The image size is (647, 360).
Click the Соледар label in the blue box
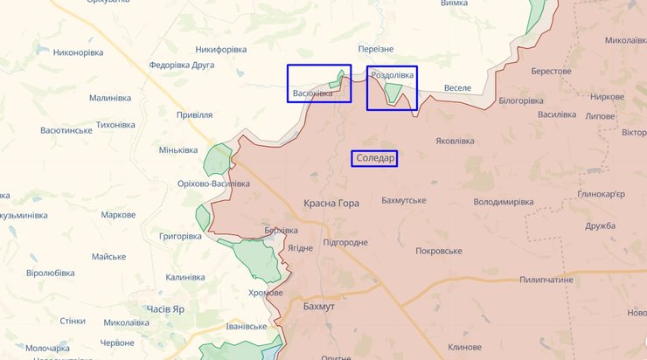(x=374, y=159)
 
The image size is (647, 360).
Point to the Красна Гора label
(x=331, y=203)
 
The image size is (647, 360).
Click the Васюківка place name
(x=312, y=93)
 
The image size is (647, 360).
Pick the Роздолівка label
(x=393, y=76)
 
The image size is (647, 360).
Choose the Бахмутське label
(x=404, y=201)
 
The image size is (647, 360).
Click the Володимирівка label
(x=503, y=202)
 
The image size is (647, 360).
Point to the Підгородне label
(x=344, y=242)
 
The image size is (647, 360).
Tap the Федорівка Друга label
(x=182, y=65)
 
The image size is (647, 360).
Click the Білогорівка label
(x=520, y=101)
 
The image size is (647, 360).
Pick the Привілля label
(x=194, y=114)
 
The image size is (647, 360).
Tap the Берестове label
(x=551, y=71)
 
